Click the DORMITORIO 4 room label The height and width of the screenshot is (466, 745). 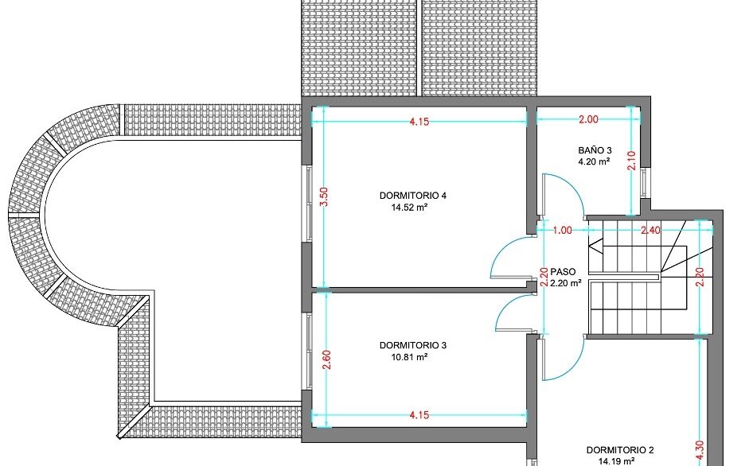[x=413, y=196]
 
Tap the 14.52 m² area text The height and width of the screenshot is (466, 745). [x=409, y=208]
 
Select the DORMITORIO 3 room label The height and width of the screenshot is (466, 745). [x=413, y=345]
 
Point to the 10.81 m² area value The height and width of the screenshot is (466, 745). [x=409, y=357]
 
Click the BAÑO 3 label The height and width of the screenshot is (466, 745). [x=595, y=150]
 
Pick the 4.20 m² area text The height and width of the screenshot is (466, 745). [x=594, y=161]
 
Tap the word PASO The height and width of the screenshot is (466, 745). [x=563, y=272]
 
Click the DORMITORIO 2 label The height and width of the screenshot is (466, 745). [x=620, y=450]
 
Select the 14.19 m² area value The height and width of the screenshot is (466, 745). [x=616, y=460]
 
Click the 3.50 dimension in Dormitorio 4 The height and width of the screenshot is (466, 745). [x=324, y=196]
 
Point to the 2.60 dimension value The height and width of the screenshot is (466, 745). [x=326, y=359]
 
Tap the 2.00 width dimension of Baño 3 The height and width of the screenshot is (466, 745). [x=588, y=119]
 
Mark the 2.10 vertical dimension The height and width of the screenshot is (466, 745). [x=631, y=161]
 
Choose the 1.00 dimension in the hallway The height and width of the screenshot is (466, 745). [x=562, y=231]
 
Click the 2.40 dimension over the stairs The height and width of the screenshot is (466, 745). [x=650, y=231]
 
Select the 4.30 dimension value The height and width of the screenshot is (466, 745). [x=700, y=451]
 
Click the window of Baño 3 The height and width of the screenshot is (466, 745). [x=644, y=182]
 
